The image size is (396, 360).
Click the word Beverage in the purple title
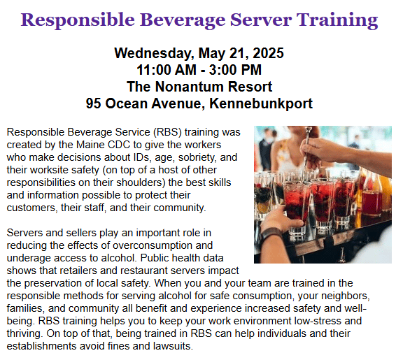[x=183, y=20]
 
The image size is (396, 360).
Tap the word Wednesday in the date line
[x=155, y=54]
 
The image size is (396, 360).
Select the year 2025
[x=268, y=53]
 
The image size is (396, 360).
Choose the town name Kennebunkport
[x=261, y=104]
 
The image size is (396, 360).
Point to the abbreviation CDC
[x=119, y=145]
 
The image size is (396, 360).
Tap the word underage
[x=29, y=258]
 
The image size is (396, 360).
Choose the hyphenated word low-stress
[x=318, y=321]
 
